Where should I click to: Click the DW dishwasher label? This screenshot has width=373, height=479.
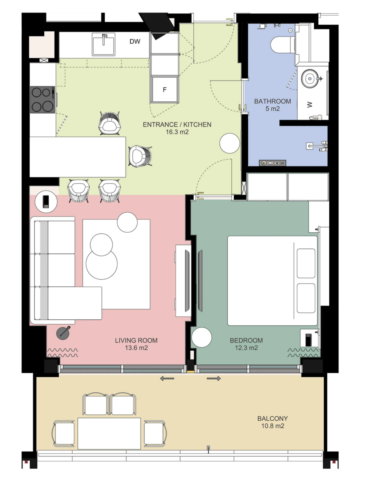[x=135, y=41]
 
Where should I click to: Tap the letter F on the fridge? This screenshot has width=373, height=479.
[x=164, y=90]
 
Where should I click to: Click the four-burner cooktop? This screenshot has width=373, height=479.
[x=42, y=99]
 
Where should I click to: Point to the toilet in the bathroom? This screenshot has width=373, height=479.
[x=282, y=45]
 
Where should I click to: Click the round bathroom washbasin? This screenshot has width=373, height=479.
[x=310, y=79]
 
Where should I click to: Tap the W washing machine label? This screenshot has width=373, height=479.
[x=310, y=105]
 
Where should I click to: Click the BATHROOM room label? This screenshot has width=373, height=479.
[x=272, y=101]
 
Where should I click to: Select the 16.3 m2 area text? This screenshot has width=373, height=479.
[x=177, y=132]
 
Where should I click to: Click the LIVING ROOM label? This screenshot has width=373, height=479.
[x=136, y=340]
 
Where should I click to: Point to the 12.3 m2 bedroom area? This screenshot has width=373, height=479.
[x=246, y=348]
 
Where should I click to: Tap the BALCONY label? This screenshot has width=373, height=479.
[x=273, y=419]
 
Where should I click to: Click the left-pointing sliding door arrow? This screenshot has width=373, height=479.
[x=167, y=379]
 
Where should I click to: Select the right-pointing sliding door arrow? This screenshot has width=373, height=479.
[x=214, y=379]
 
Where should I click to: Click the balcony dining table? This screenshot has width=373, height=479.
[x=109, y=433]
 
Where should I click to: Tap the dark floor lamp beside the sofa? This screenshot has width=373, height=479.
[x=63, y=333]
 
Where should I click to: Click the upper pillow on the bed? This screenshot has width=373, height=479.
[x=306, y=264]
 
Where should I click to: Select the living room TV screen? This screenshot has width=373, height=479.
[x=187, y=281]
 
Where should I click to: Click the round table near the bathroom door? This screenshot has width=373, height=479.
[x=230, y=143]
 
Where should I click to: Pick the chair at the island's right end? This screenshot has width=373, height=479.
[x=140, y=156]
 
